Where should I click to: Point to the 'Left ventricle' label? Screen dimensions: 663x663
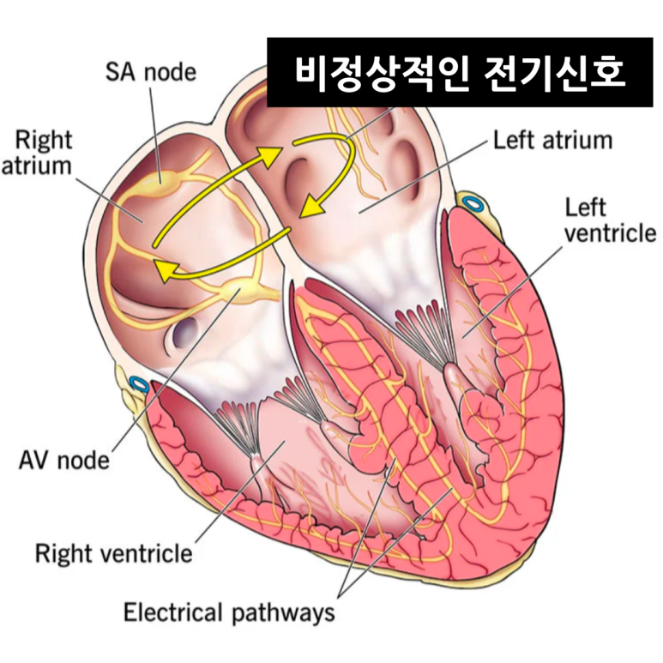pos(610,220)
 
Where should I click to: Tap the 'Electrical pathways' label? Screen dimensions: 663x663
pos(229,613)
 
